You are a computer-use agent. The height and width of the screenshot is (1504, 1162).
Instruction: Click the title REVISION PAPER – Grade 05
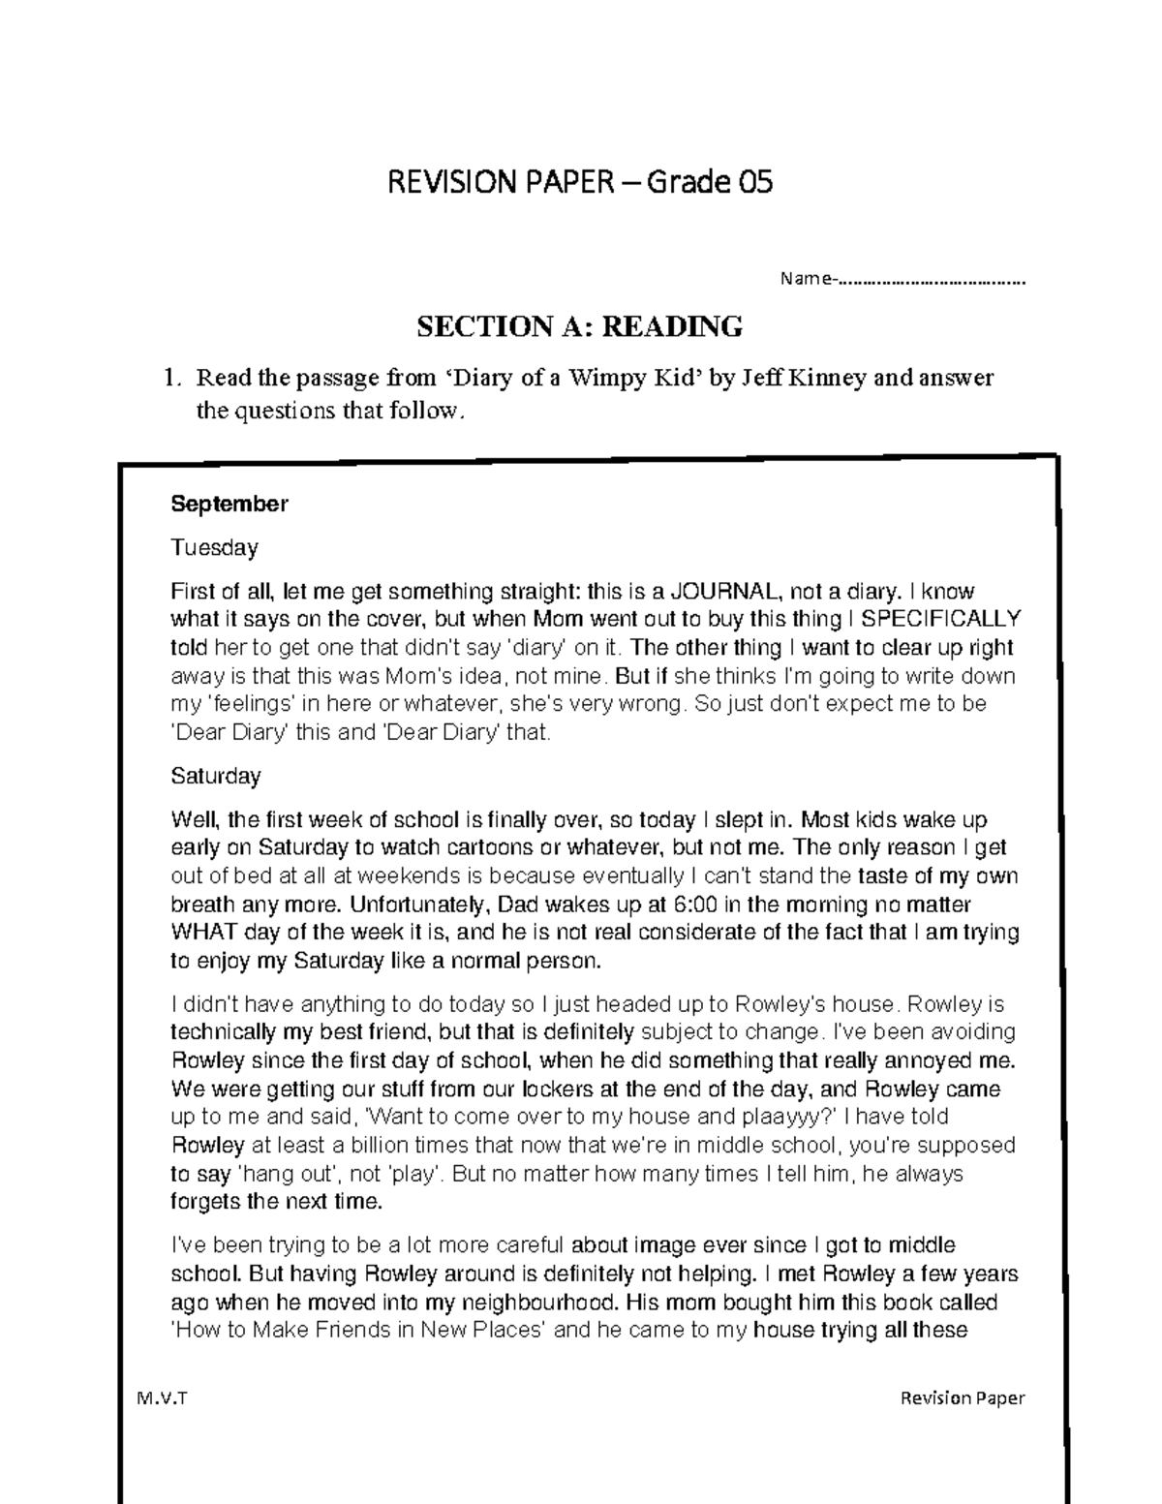click(x=580, y=182)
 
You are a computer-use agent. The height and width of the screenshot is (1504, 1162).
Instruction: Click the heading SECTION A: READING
click(x=579, y=327)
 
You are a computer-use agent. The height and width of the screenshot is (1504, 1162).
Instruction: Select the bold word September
click(x=229, y=504)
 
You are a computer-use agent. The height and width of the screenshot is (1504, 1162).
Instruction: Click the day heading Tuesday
click(x=214, y=548)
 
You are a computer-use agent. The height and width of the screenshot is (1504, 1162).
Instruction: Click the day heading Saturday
click(x=215, y=777)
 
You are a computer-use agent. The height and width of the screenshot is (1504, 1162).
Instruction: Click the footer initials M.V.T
click(x=162, y=1398)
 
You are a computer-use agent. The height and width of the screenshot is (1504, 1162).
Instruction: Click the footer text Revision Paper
click(x=962, y=1398)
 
